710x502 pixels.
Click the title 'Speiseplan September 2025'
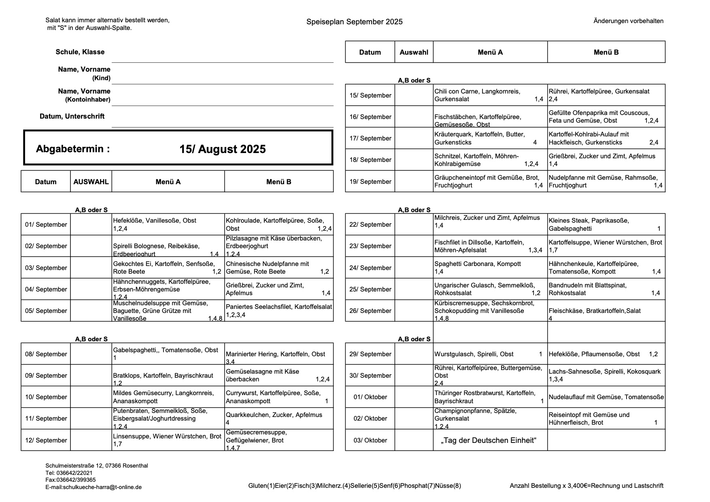click(354, 22)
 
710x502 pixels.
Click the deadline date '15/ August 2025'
click(223, 149)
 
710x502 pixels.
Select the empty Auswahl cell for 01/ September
click(91, 225)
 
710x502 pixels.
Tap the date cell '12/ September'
click(46, 440)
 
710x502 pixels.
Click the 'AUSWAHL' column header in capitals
click(91, 182)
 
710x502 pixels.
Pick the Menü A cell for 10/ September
click(168, 397)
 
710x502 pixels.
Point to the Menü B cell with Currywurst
click(278, 397)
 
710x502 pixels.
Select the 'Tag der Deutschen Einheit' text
click(490, 440)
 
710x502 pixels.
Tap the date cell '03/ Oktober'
click(370, 440)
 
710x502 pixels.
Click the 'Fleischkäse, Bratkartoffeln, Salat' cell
click(606, 311)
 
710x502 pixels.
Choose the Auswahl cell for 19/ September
click(414, 182)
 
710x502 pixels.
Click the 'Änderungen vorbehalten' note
click(628, 21)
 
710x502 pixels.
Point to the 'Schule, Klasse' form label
click(80, 52)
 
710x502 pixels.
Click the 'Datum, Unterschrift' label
click(72, 117)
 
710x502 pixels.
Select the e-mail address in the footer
click(94, 487)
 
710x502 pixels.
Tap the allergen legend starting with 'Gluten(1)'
click(355, 486)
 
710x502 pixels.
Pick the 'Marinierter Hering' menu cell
click(278, 354)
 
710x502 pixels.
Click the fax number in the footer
click(70, 480)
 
